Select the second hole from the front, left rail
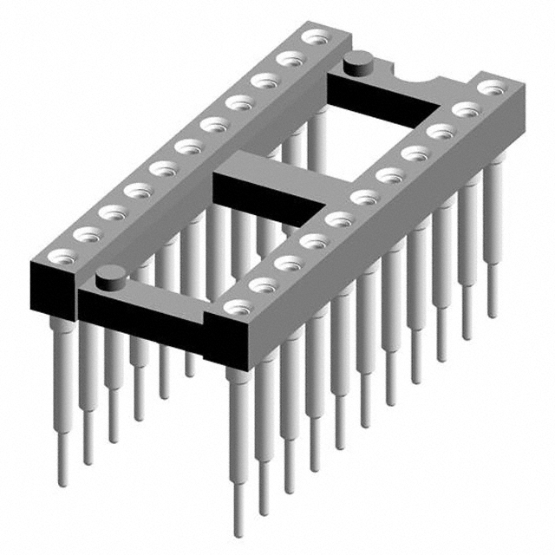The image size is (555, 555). [86, 233]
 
